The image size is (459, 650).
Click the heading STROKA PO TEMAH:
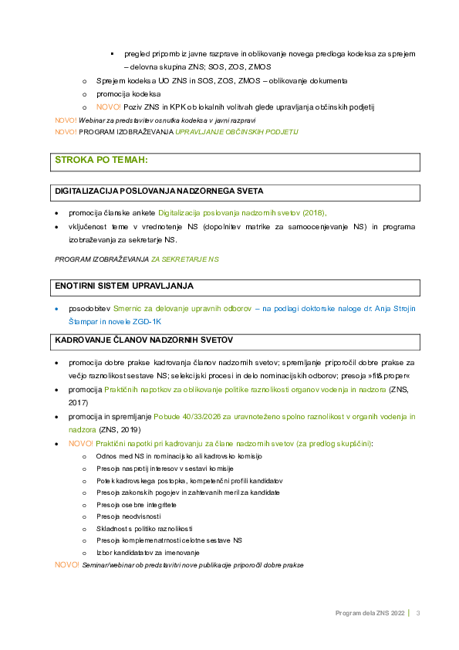coord(102,160)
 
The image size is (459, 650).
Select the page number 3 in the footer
coord(418,613)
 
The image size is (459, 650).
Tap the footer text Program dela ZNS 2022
coord(370,613)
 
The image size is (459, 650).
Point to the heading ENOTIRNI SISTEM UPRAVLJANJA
coord(124,286)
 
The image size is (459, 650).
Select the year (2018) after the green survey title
coord(315,213)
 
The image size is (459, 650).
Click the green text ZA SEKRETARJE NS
coord(185,259)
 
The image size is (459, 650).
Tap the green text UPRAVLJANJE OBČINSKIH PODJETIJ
coord(237,132)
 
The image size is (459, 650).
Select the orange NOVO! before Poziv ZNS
coord(109,107)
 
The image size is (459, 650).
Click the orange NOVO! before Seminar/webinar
coord(66,564)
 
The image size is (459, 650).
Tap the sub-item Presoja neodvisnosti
coord(128,516)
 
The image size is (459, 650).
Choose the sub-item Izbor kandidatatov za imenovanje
coord(148,553)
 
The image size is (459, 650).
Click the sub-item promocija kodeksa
coord(128,94)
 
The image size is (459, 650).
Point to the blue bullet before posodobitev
coord(57,309)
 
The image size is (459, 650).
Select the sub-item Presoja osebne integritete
coord(137,505)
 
